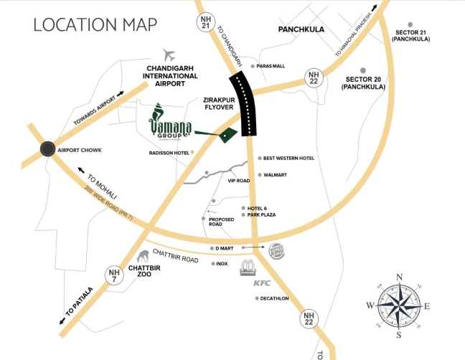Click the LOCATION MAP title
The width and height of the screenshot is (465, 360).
pos(95,25)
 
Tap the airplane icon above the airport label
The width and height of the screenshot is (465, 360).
pos(169,55)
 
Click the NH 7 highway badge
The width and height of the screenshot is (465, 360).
pos(113,276)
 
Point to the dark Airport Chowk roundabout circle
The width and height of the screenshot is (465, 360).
pos(47,148)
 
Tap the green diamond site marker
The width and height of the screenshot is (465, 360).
pos(227,134)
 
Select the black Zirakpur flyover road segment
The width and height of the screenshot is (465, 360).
pos(243,104)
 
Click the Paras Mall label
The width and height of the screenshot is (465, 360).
pos(271,66)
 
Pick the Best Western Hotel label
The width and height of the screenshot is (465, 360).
pos(288,158)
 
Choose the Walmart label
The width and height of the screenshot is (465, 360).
pos(276,175)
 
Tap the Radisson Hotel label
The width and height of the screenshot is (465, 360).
pos(169,153)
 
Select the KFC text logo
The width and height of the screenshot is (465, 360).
pos(260,283)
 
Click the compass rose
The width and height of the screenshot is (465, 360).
pos(399,305)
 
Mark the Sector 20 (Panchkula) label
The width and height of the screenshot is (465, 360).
pos(365,82)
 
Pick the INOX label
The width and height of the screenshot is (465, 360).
pos(222,264)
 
